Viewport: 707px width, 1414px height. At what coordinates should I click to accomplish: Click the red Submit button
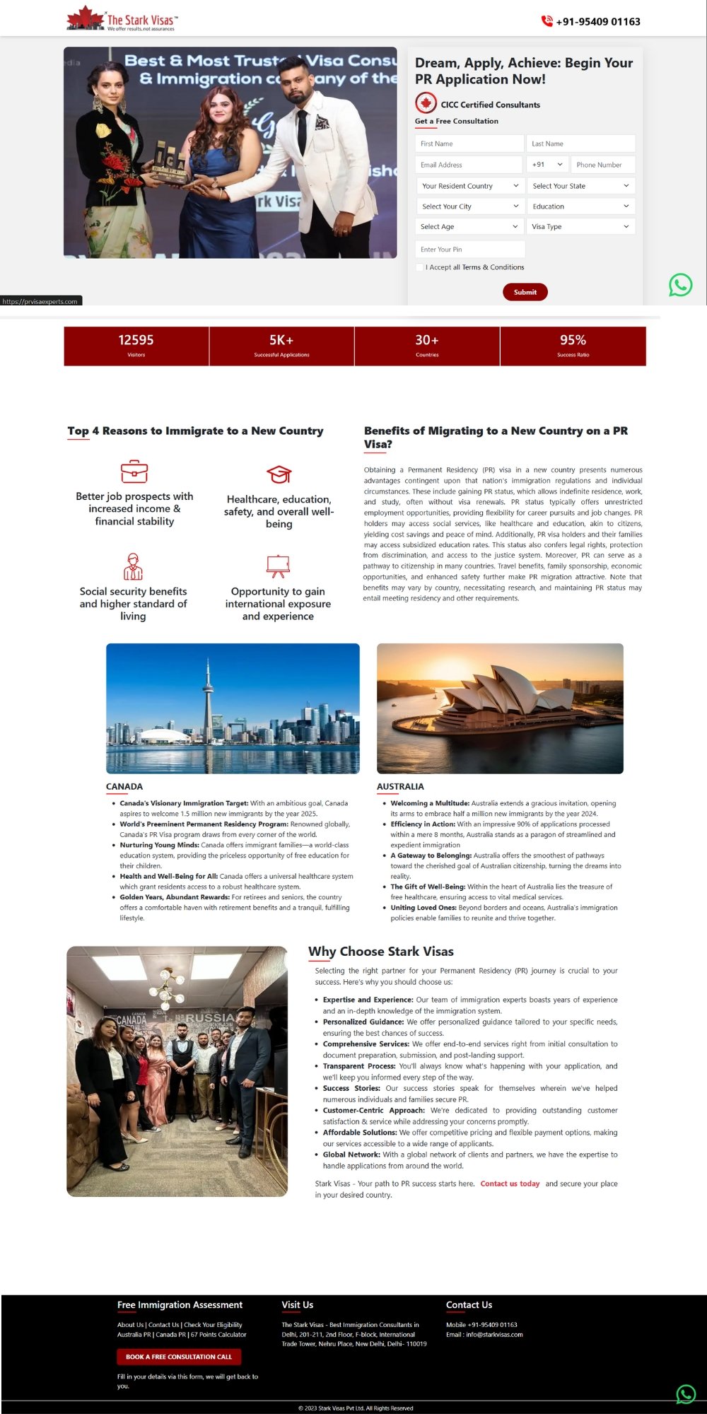pos(525,292)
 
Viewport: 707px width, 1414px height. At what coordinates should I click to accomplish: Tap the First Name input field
pos(469,144)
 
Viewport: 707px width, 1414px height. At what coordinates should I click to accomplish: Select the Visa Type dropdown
pos(580,227)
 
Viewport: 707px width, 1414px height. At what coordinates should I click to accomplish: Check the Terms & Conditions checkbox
pos(420,267)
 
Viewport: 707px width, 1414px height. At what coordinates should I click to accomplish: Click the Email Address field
pos(469,165)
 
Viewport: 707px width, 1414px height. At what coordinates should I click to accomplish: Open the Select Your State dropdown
pos(580,186)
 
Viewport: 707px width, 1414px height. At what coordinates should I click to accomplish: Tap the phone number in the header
pos(597,21)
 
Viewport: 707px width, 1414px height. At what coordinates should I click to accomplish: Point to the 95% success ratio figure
pos(573,340)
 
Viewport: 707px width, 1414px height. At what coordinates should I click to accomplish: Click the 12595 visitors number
pos(136,340)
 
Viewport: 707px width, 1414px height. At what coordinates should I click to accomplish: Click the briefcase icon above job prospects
pos(134,471)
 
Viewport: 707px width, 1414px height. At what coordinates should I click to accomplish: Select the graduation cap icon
pos(279,474)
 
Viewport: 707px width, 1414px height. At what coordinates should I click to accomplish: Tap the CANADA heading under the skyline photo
pos(124,787)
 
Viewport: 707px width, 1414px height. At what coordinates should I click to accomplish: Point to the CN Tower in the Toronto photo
pos(208,700)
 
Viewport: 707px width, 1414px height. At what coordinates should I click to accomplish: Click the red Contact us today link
pos(510,1184)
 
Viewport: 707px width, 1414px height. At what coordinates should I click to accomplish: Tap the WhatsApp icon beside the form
pos(680,285)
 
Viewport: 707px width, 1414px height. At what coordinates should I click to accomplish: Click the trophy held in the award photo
pos(170,161)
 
